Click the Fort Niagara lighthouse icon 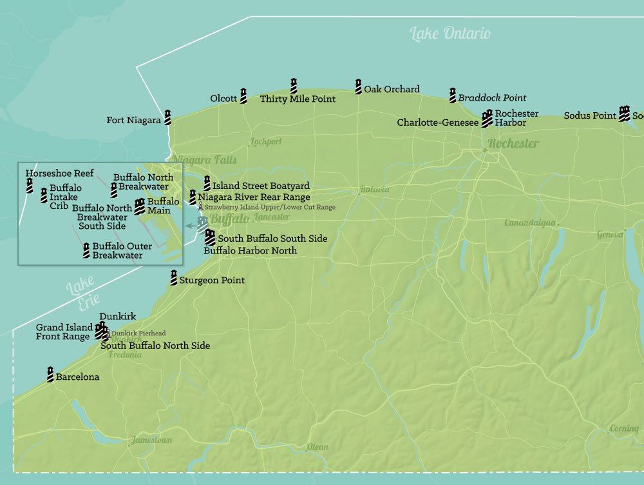[x=167, y=117]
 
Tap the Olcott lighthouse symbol [x=243, y=96]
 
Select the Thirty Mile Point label [x=298, y=99]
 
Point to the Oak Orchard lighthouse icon [x=358, y=86]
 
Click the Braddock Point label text [x=492, y=98]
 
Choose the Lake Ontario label [x=450, y=34]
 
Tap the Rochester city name [x=513, y=143]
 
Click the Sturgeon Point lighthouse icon [x=173, y=278]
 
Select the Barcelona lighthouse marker [x=50, y=374]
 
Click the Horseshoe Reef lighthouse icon [x=30, y=186]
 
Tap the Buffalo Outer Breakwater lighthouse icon [x=86, y=251]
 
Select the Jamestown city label [x=152, y=440]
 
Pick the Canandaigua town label [x=529, y=223]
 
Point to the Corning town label [x=623, y=428]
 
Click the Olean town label [x=317, y=447]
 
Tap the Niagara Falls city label [x=204, y=160]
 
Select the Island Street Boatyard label [x=261, y=186]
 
